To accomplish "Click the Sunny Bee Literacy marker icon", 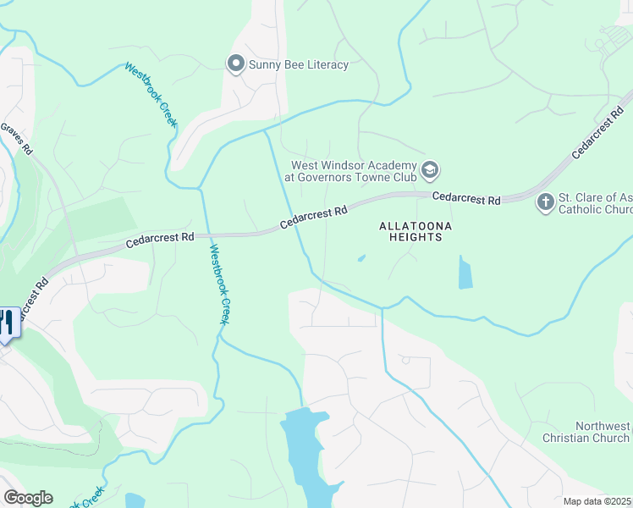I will tap(235, 64).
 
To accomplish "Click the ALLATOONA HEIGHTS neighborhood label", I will tap(416, 232).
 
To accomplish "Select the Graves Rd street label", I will tap(16, 139).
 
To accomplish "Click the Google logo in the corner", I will tap(28, 498).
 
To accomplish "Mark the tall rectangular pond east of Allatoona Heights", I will tap(465, 272).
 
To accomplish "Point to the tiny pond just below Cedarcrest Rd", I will tap(361, 258).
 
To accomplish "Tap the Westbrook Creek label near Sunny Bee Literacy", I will tap(151, 95).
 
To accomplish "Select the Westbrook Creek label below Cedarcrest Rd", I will tap(220, 284).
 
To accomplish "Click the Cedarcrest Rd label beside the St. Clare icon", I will tap(466, 198).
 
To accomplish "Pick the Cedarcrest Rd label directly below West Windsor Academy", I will tap(313, 218).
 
